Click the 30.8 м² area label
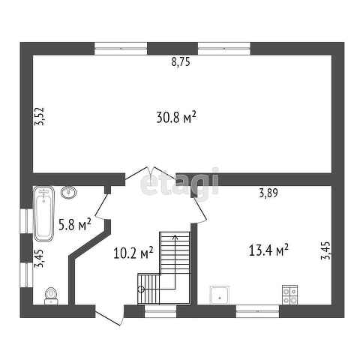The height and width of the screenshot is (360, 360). tap(176, 117)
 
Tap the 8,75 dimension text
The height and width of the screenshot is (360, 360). tap(181, 61)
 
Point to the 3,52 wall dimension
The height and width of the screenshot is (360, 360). tap(39, 116)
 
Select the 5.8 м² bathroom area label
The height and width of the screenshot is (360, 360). tap(75, 224)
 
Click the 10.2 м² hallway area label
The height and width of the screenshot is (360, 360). tap(133, 253)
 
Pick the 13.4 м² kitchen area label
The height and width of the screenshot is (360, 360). tap(268, 250)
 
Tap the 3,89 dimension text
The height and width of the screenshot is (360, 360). tap(268, 193)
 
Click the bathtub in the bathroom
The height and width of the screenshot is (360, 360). tap(44, 214)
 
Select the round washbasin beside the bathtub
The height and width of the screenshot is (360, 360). tap(68, 192)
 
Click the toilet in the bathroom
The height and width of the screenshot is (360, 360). tap(51, 296)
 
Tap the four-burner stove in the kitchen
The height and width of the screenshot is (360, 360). tap(289, 295)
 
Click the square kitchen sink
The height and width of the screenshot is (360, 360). tap(220, 295)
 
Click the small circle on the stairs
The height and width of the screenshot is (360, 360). tap(141, 289)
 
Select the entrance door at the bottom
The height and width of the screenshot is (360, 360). tap(109, 315)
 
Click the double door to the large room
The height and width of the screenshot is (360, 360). tap(151, 173)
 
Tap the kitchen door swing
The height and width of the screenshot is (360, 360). tap(199, 209)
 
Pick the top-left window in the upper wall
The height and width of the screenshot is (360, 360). tap(121, 49)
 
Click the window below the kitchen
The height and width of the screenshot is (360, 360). tap(257, 311)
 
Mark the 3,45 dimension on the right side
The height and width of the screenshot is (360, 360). tap(325, 250)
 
